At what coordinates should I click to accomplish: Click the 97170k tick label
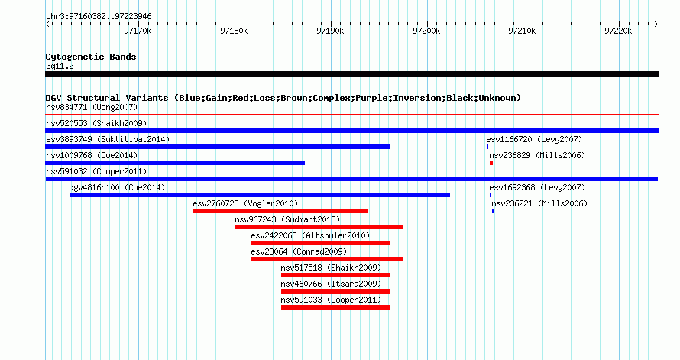coord(138,31)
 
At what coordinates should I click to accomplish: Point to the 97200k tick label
coord(426,31)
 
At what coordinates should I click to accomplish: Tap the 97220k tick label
coord(618,31)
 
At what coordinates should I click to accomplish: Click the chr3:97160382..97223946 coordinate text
coord(99,17)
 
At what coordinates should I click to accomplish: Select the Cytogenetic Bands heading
coord(91,57)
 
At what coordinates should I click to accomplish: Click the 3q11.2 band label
coord(60,66)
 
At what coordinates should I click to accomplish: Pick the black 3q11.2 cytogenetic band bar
coord(351,74)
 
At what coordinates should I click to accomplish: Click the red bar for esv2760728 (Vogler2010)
coord(280,211)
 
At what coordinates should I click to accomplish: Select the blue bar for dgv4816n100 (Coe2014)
coord(260,195)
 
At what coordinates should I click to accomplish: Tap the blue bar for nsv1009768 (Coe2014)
coord(175,163)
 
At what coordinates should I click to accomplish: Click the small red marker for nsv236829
coord(491,163)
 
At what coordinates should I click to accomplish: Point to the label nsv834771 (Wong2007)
coord(92,107)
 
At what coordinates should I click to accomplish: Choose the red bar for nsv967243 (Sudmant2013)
coord(319,227)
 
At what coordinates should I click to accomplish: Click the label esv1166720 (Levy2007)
coord(534,139)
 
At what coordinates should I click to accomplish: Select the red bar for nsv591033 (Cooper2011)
coord(335,307)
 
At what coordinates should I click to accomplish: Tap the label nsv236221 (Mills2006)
coord(539,203)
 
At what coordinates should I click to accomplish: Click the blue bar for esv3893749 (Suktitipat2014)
coord(218,147)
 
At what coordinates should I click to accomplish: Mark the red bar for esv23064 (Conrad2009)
coord(328,259)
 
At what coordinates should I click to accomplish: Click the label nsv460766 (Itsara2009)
coord(331,284)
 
